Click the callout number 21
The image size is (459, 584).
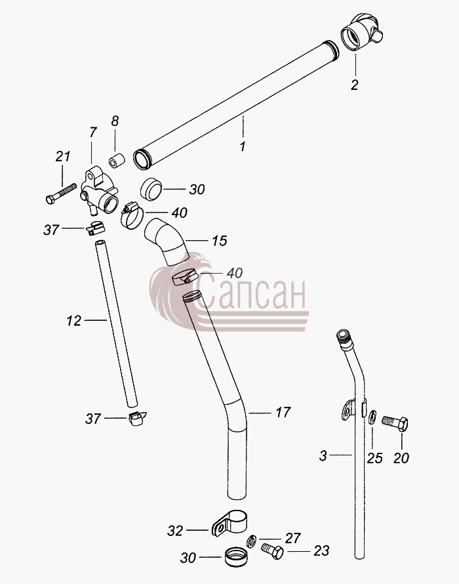click(63, 156)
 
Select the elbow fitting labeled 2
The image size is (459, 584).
click(362, 31)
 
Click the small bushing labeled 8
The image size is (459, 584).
click(117, 160)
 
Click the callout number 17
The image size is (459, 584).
click(283, 412)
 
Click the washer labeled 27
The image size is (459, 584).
click(252, 541)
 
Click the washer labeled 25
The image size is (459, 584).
click(372, 417)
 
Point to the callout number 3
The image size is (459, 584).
click(323, 455)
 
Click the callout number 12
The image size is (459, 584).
click(73, 321)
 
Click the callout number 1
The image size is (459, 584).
click(243, 146)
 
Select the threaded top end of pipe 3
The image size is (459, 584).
click(343, 336)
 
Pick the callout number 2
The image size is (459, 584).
click(354, 85)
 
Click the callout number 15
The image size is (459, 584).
click(219, 241)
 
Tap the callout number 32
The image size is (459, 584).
click(175, 530)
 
